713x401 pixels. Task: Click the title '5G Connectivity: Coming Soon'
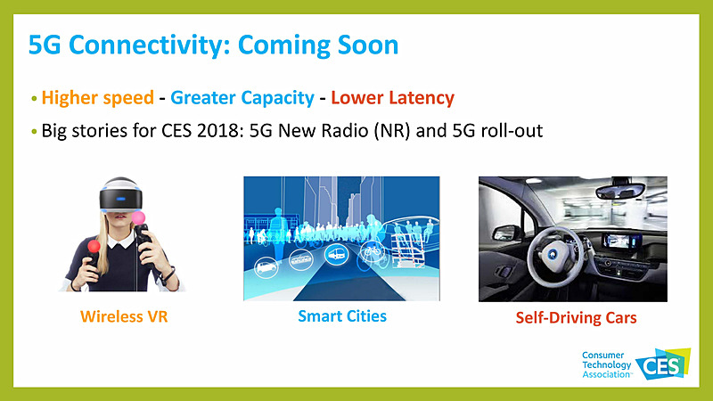click(x=213, y=46)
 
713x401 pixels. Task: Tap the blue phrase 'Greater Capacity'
click(x=242, y=98)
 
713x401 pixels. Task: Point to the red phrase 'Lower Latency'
click(x=393, y=98)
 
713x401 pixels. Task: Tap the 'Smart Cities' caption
click(x=342, y=315)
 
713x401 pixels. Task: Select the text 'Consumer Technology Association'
click(x=606, y=364)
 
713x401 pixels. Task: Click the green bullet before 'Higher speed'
click(x=35, y=99)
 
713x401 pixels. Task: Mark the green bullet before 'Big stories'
click(x=35, y=131)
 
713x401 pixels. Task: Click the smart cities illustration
click(x=341, y=238)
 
